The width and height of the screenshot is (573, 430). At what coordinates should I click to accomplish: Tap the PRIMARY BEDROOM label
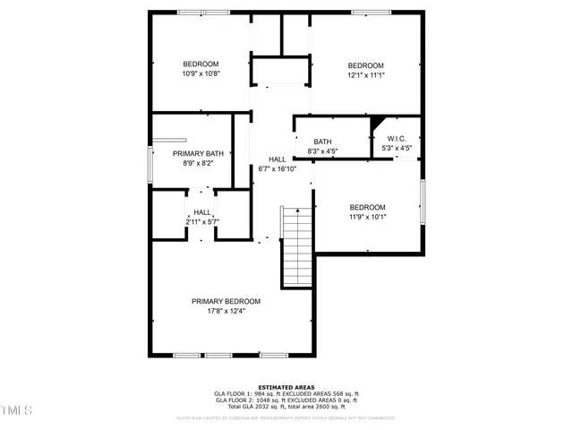[226, 301]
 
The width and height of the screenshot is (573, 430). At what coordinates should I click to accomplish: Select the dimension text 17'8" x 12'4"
[226, 311]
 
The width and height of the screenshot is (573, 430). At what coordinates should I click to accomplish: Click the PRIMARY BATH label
[198, 154]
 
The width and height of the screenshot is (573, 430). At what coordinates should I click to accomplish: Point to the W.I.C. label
[397, 139]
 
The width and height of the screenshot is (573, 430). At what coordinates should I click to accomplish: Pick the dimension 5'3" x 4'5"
[397, 148]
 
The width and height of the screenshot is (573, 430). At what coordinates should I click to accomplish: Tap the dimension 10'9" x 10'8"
[201, 73]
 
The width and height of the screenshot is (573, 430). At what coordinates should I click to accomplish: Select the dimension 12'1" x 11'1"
[365, 75]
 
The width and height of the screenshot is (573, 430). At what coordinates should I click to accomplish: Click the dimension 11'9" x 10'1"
[367, 216]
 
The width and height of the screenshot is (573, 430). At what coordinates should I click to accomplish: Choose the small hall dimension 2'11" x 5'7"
[202, 221]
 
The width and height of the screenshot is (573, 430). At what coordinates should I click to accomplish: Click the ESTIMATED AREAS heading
[286, 386]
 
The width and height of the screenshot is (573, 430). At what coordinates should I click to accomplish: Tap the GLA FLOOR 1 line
[286, 393]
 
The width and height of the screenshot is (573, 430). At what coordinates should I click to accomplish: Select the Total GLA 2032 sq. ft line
[286, 407]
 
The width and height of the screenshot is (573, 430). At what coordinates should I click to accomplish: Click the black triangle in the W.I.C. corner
[376, 122]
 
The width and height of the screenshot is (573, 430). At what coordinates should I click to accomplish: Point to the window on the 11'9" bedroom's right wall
[421, 202]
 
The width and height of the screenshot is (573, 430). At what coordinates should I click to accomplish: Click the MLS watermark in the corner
[16, 410]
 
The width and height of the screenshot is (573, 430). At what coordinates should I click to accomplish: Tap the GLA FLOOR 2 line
[286, 400]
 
